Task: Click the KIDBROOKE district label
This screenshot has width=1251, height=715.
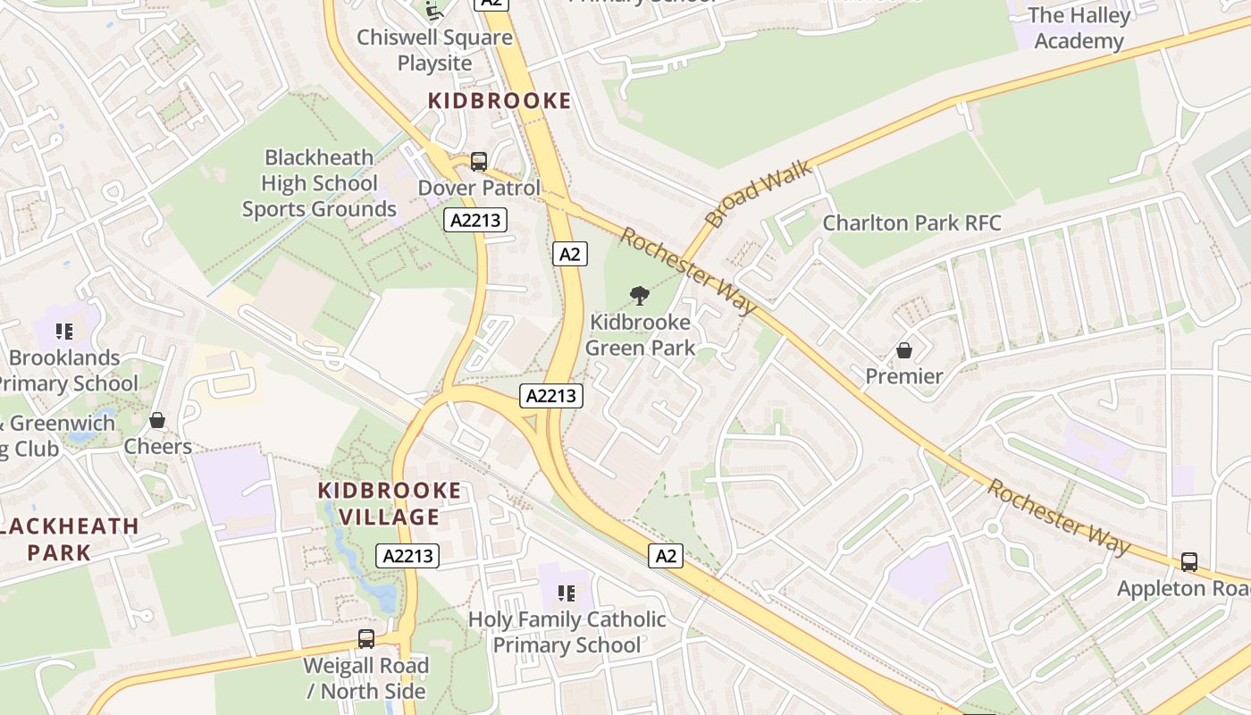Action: [499, 101]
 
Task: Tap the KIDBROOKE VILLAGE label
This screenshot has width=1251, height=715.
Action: [390, 503]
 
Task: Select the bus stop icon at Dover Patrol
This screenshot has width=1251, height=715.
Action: [479, 162]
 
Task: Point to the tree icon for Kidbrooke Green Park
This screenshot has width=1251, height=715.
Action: [639, 295]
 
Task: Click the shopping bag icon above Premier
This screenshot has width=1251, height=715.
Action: [904, 350]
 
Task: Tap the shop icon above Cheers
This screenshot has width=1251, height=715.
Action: [157, 420]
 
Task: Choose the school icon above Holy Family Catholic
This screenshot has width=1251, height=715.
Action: [566, 593]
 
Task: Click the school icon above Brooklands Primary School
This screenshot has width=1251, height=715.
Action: [63, 332]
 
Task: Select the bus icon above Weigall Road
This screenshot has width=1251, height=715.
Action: [365, 639]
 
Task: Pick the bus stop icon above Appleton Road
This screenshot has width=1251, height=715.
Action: [1188, 562]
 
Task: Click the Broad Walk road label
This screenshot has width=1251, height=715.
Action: [758, 193]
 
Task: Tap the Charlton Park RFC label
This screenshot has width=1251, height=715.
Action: [911, 223]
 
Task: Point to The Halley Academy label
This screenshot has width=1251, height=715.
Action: [1079, 28]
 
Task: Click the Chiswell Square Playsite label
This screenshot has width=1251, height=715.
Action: [434, 50]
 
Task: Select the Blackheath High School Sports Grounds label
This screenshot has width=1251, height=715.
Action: [319, 183]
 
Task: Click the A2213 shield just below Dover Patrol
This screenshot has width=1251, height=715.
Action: [475, 220]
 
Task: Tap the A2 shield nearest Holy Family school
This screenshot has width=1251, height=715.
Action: [666, 556]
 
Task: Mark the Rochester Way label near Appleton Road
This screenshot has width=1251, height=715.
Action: [1058, 518]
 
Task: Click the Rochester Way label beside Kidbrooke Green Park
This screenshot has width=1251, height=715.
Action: [688, 271]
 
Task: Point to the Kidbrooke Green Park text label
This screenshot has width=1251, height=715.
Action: [640, 335]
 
